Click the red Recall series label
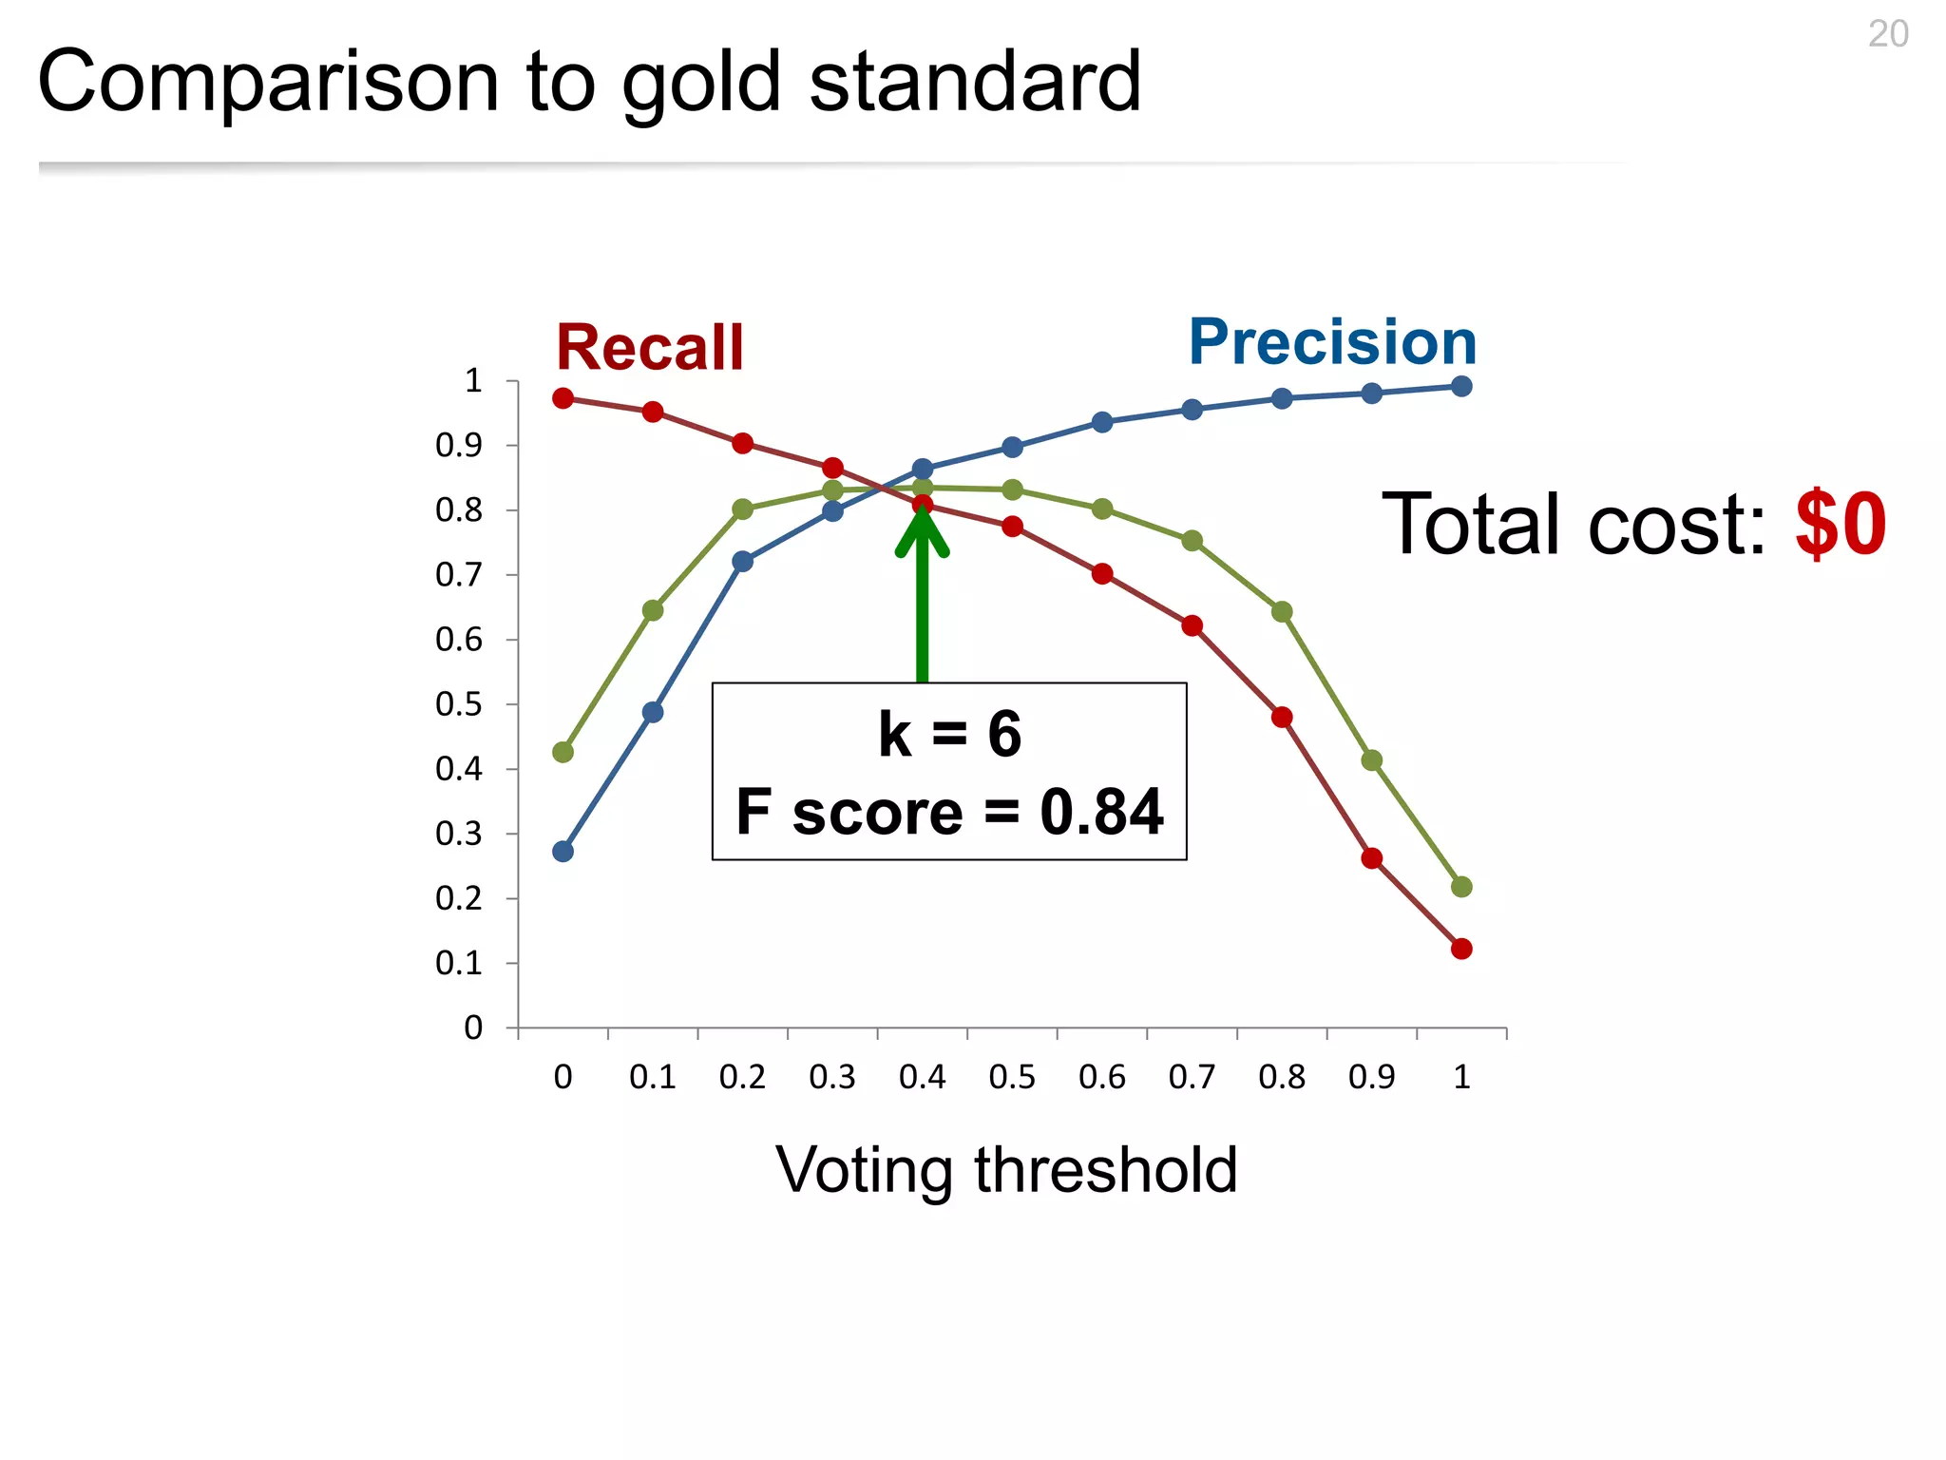click(x=649, y=348)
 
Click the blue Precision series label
click(x=1332, y=342)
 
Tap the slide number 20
click(x=1887, y=34)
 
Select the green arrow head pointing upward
click(x=922, y=532)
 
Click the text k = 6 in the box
click(x=949, y=734)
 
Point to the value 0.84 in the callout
click(x=1101, y=813)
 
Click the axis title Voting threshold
click(x=1006, y=1169)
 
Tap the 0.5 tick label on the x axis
click(x=1012, y=1077)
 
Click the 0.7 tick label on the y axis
click(x=459, y=575)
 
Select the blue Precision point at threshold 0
click(x=563, y=852)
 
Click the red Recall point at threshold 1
click(x=1461, y=949)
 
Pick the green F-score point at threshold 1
click(x=1461, y=887)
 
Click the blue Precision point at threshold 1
click(x=1461, y=386)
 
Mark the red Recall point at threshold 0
click(x=563, y=398)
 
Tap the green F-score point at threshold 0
click(x=563, y=752)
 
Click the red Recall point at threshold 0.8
click(x=1282, y=717)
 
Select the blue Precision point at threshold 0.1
click(x=653, y=712)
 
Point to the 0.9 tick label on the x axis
click(x=1371, y=1077)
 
